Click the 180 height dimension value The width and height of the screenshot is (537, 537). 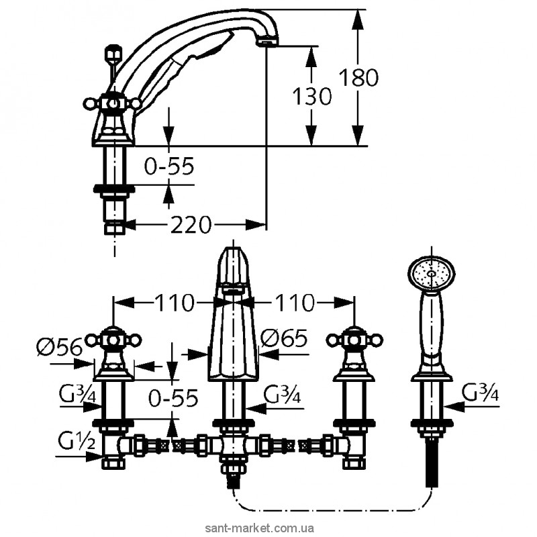pos(358,78)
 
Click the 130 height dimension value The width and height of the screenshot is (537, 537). pos(311,96)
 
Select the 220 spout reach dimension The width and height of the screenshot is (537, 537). pos(191,225)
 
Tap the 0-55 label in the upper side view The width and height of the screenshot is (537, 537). pos(169,166)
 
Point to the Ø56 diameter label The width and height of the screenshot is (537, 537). pos(60,348)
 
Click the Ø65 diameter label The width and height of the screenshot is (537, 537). pos(284,339)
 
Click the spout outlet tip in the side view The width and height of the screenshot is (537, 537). pos(268,42)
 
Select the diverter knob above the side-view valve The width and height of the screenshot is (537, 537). pos(113,54)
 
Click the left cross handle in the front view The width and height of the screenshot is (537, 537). pos(113,340)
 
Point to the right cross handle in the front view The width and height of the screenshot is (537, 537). pos(354,340)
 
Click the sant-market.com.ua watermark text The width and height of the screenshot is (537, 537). pos(259,528)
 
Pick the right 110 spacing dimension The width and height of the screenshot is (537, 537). pos(294,303)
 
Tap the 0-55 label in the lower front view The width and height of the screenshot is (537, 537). pos(173,397)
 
